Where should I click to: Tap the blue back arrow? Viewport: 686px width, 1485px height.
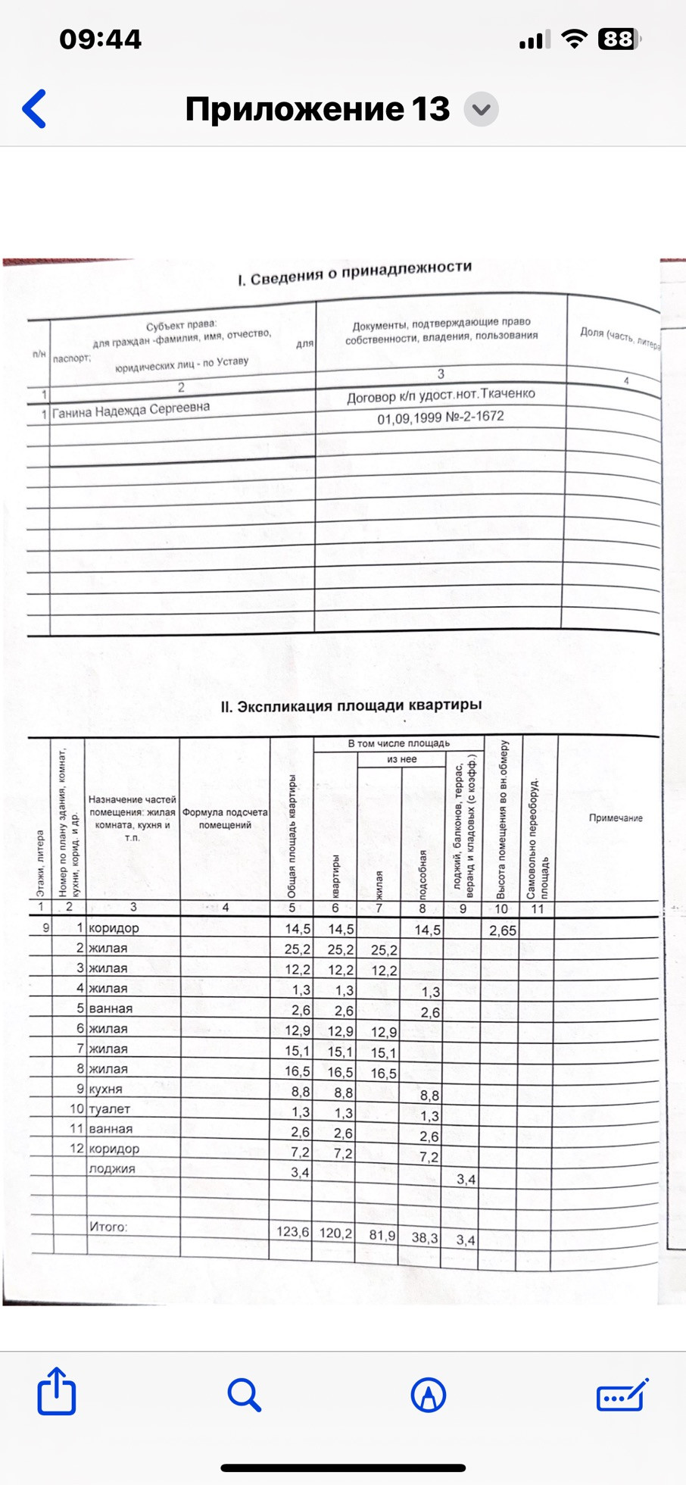click(x=35, y=109)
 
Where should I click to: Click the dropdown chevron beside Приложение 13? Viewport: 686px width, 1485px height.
click(x=481, y=110)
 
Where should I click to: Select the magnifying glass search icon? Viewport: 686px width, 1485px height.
click(x=244, y=1394)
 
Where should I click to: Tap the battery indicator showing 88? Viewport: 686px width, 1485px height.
click(x=619, y=39)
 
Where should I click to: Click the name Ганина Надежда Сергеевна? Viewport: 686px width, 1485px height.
click(x=131, y=410)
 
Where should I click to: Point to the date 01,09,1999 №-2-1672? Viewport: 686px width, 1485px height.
click(x=441, y=417)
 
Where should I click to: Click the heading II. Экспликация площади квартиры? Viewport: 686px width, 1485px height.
click(x=351, y=706)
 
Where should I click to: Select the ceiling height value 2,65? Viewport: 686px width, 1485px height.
click(x=502, y=930)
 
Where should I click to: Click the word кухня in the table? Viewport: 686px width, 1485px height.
click(x=105, y=1089)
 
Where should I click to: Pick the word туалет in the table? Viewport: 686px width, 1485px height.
click(x=110, y=1108)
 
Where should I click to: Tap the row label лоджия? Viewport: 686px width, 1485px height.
click(x=112, y=1168)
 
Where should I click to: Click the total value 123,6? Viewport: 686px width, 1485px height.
click(x=292, y=1232)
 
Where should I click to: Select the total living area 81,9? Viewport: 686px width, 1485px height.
click(x=382, y=1235)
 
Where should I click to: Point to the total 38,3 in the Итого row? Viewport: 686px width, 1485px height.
click(x=424, y=1238)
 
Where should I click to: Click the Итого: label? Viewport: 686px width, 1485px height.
click(x=108, y=1227)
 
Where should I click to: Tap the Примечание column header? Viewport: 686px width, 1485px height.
click(x=616, y=818)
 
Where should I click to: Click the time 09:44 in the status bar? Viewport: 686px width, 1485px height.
click(x=100, y=39)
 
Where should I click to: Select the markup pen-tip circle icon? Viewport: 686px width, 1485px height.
click(x=428, y=1394)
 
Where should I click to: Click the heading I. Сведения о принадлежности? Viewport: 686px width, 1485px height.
click(x=354, y=274)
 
